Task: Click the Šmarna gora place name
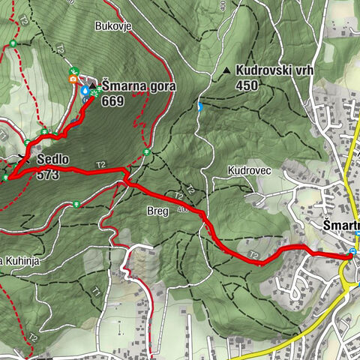point(139,86)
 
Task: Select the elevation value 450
point(247,85)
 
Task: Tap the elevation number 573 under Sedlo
point(47,174)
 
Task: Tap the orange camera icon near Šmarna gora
point(73,79)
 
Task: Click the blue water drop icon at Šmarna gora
point(85,91)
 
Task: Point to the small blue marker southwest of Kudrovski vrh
point(199,106)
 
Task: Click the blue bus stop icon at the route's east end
point(352,252)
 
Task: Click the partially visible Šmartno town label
point(340,225)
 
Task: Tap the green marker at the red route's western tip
point(6,178)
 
